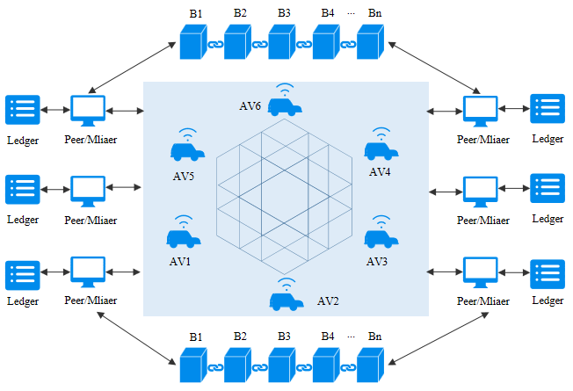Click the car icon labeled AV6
click(283, 106)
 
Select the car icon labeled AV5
click(185, 152)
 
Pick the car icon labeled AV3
click(381, 238)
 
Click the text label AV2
click(329, 302)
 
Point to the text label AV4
click(380, 171)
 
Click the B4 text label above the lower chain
click(328, 336)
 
